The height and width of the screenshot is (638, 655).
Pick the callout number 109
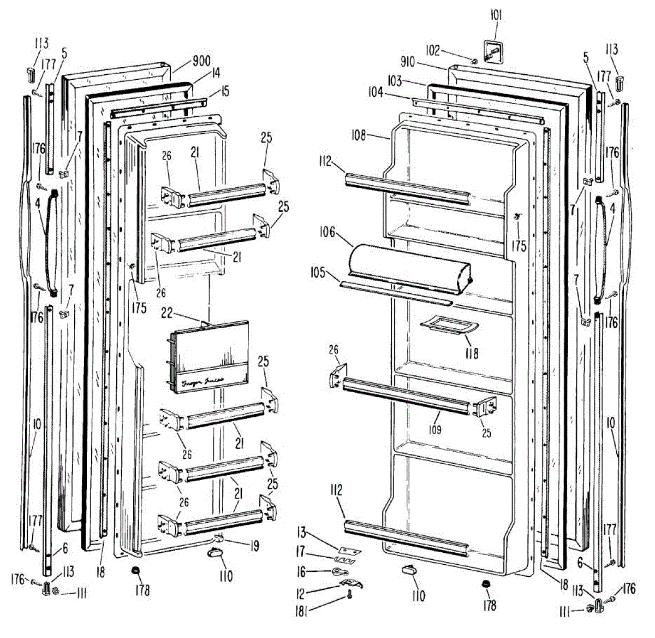(434, 430)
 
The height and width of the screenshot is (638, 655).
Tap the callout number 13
(301, 533)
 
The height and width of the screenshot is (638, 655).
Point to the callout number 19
(254, 545)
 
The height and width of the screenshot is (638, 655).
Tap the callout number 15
(225, 90)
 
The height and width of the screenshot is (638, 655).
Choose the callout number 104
(376, 93)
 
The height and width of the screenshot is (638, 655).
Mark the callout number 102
(433, 50)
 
